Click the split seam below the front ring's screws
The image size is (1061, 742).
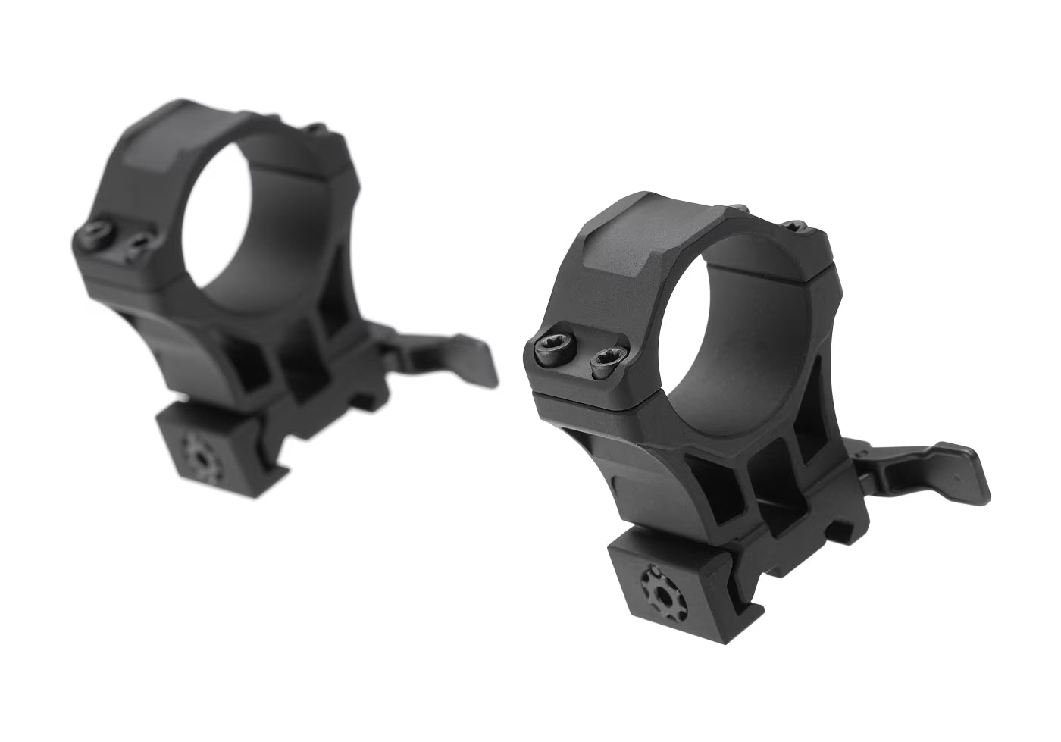(x=591, y=402)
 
